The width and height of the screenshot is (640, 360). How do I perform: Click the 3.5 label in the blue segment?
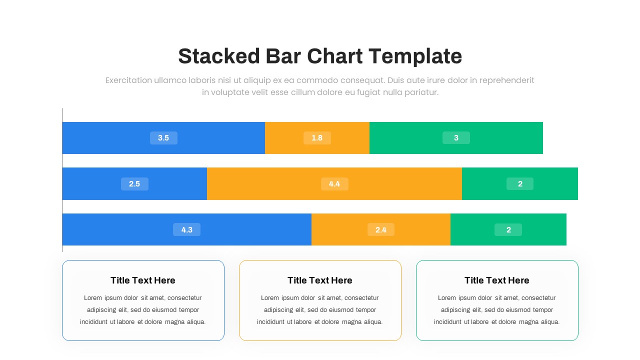click(163, 138)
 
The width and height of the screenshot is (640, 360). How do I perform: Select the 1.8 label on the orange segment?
click(317, 138)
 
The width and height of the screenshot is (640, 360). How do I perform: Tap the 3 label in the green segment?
click(456, 138)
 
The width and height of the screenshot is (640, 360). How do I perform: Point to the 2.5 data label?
click(134, 184)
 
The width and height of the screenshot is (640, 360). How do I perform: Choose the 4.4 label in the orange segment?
click(334, 184)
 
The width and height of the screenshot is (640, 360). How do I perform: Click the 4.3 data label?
click(186, 230)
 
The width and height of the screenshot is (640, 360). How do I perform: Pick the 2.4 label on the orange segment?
click(381, 230)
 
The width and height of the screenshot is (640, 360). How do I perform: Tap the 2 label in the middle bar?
click(520, 184)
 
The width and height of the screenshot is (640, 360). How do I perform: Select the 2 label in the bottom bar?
click(508, 230)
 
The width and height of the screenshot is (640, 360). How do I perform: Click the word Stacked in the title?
click(219, 56)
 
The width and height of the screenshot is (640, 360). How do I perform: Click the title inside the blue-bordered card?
click(143, 280)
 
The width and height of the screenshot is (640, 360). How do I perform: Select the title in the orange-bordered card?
click(320, 280)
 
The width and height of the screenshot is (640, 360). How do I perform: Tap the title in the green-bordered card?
click(497, 280)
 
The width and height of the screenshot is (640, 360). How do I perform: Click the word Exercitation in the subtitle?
click(128, 80)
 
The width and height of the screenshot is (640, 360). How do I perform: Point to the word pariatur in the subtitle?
click(422, 92)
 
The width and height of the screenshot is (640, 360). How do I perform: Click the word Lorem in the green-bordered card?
click(447, 298)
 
